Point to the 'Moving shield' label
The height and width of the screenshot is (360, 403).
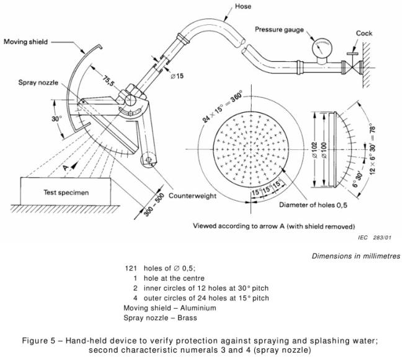pyautogui.click(x=27, y=42)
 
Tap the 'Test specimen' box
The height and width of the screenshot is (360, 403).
pyautogui.click(x=66, y=192)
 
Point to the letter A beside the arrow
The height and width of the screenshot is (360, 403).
pyautogui.click(x=64, y=165)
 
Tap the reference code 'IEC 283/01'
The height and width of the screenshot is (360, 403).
pyautogui.click(x=374, y=237)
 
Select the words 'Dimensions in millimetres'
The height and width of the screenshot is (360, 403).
pyautogui.click(x=355, y=255)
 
